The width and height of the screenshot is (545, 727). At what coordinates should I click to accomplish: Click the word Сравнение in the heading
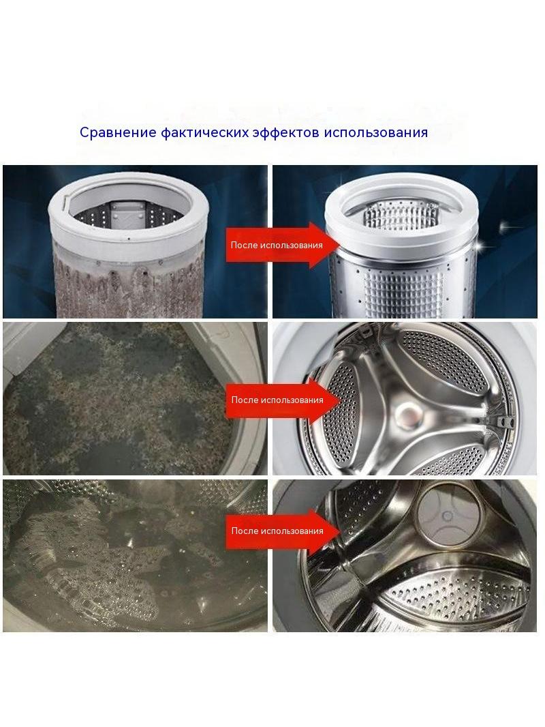tap(118, 132)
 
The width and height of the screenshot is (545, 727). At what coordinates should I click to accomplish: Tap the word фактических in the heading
tap(205, 132)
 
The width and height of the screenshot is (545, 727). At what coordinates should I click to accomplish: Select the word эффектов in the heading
tap(285, 132)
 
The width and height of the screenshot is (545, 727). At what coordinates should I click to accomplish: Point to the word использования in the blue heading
tap(375, 132)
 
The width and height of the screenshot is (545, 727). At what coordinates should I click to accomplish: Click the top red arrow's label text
tap(277, 245)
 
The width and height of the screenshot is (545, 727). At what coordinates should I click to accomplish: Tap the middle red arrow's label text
tap(277, 400)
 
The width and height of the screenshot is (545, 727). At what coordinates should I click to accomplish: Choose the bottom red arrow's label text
tap(277, 531)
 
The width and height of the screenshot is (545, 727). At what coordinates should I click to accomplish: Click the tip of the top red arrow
tap(340, 245)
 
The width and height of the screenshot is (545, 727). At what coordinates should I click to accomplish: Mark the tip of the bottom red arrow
tap(340, 531)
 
